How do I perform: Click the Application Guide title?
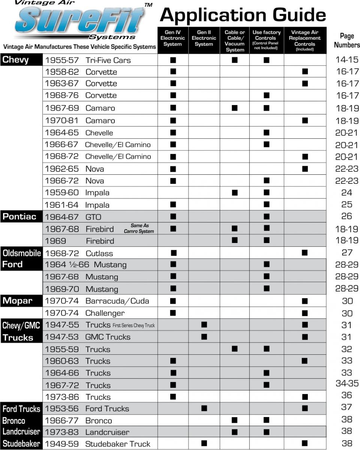[243, 15]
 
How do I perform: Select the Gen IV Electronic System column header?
[173, 38]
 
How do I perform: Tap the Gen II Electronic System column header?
[204, 38]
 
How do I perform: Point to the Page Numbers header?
[346, 40]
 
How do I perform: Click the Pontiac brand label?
[19, 216]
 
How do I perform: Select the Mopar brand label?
[18, 301]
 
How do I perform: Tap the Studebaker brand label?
[21, 444]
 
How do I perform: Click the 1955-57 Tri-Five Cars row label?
[88, 60]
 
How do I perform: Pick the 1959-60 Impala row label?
[77, 193]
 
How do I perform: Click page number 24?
[346, 193]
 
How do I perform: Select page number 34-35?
[346, 383]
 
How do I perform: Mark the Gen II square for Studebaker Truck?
[204, 443]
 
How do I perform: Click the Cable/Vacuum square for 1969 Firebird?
[235, 240]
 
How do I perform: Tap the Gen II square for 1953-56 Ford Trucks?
[204, 408]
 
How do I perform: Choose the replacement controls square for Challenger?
[304, 313]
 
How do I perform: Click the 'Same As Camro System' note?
[139, 228]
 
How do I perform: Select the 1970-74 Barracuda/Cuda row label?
[97, 301]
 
